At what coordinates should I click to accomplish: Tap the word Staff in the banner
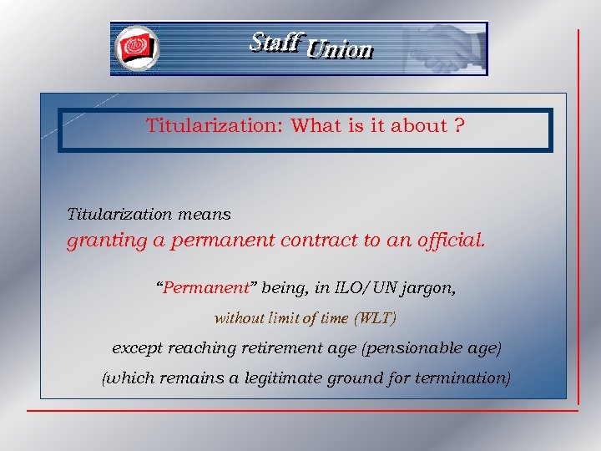pos(274,42)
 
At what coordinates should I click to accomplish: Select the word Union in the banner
pos(339,50)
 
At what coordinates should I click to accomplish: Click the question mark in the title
pos(459,126)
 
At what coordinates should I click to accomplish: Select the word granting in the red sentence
pos(101,242)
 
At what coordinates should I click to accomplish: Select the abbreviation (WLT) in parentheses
pos(375,318)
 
